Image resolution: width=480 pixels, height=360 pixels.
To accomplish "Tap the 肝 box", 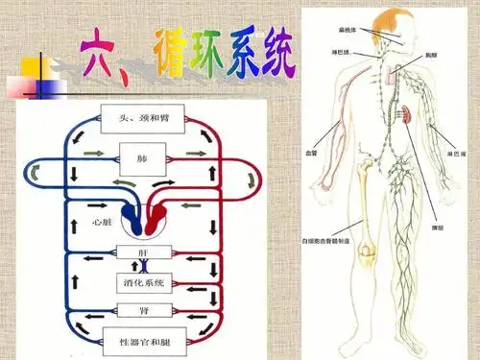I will pyautogui.click(x=143, y=252).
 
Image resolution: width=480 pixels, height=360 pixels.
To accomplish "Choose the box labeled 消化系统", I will pyautogui.click(x=143, y=282).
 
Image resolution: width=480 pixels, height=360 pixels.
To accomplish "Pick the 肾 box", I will pyautogui.click(x=143, y=310).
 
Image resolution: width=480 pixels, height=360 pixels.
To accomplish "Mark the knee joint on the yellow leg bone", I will pyautogui.click(x=365, y=252).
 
